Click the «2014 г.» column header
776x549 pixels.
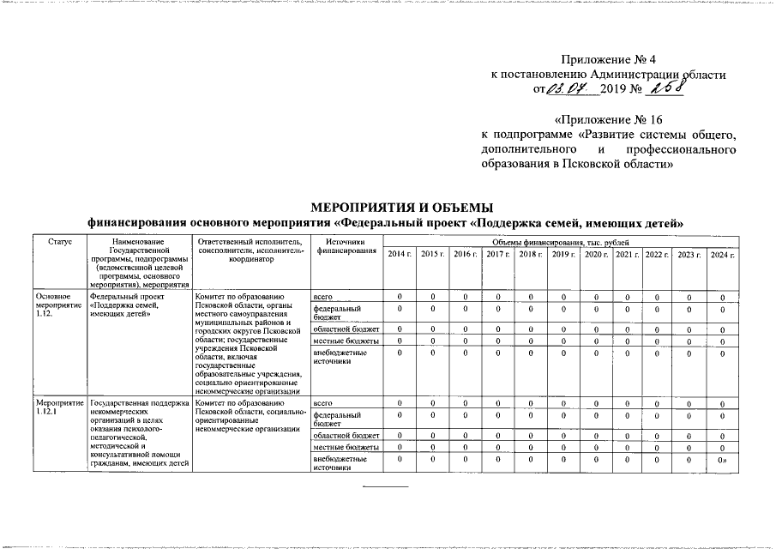pyautogui.click(x=399, y=255)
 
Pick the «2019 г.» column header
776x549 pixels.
pyautogui.click(x=562, y=255)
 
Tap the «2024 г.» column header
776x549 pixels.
pyautogui.click(x=723, y=255)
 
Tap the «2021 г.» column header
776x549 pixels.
pyautogui.click(x=628, y=255)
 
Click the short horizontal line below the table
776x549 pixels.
pyautogui.click(x=386, y=486)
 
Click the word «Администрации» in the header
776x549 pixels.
pyautogui.click(x=632, y=75)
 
